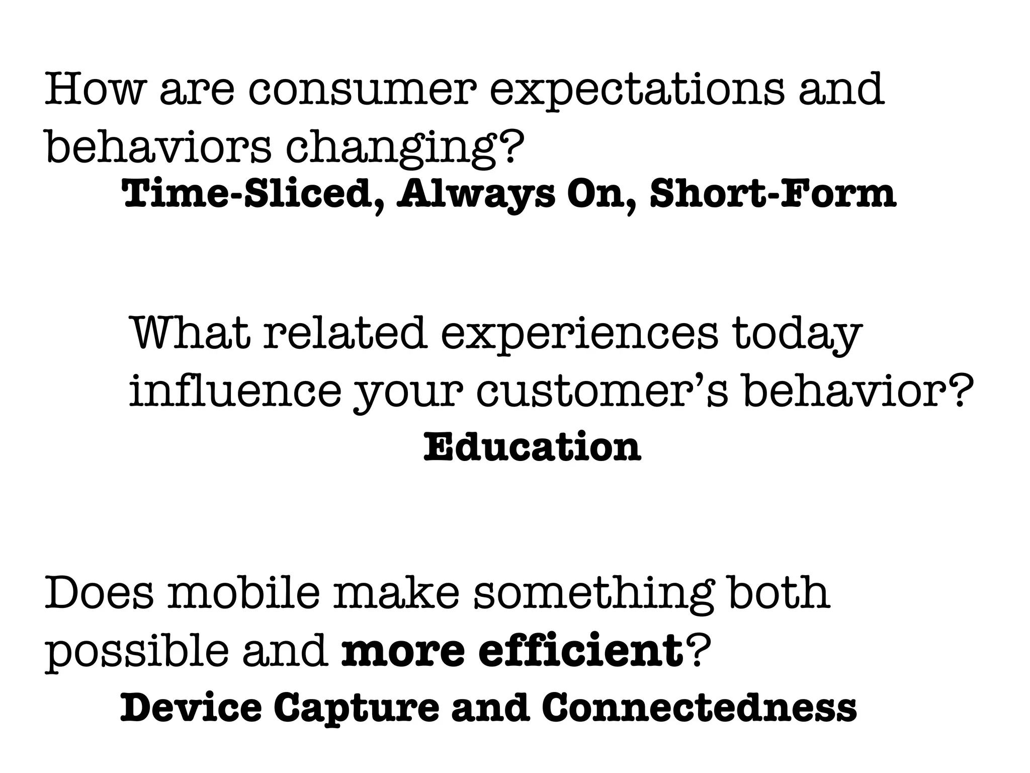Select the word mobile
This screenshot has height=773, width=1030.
pyautogui.click(x=244, y=593)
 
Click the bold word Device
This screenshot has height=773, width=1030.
pyautogui.click(x=191, y=707)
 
